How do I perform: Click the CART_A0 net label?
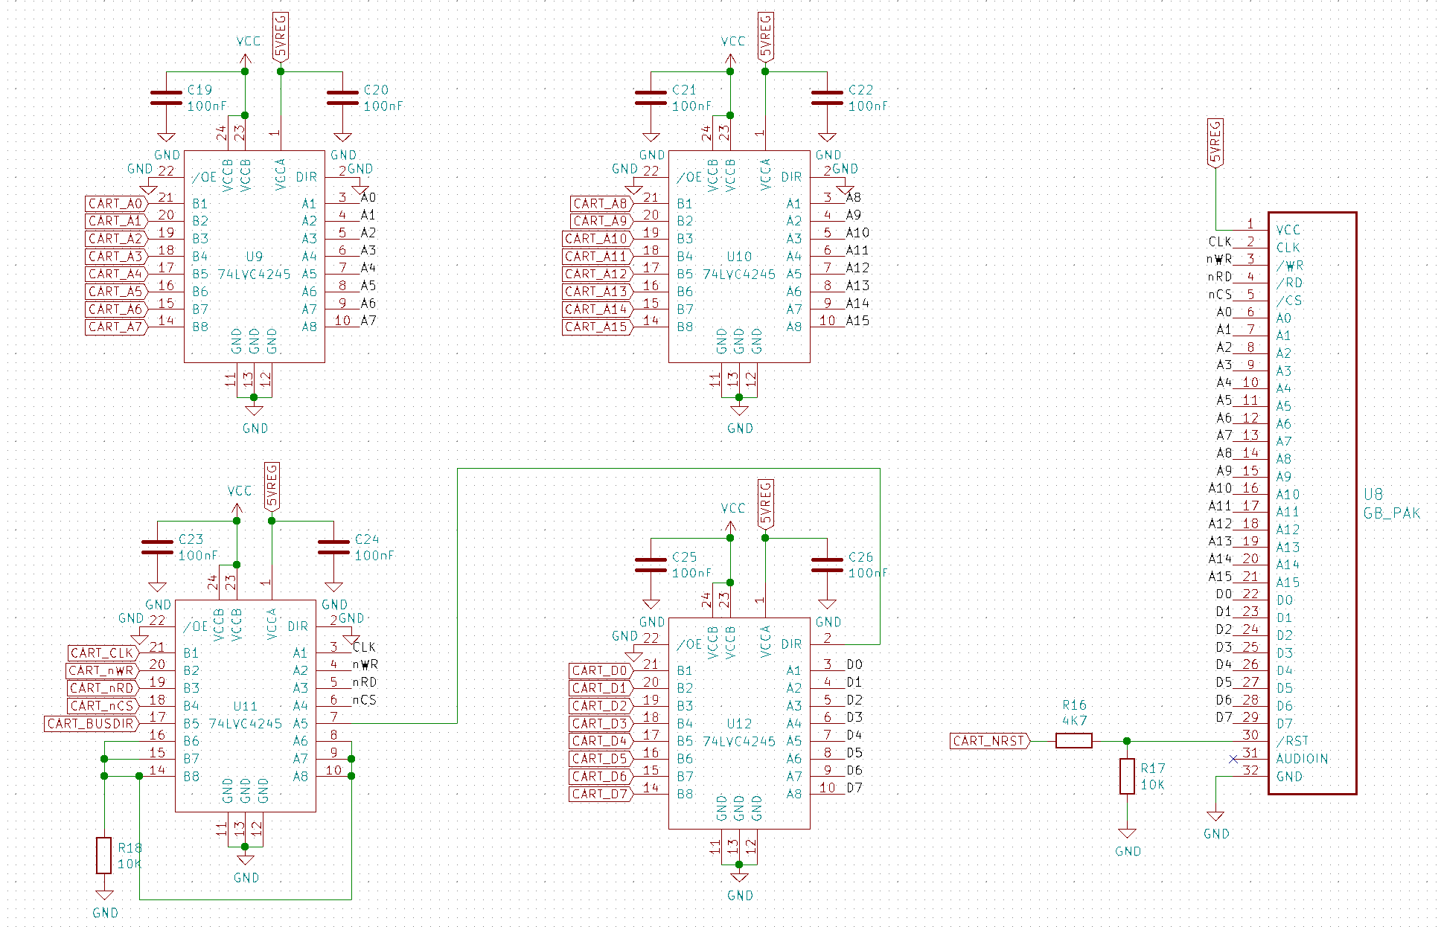(x=115, y=204)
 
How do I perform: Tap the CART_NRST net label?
(x=989, y=741)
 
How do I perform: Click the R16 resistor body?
(x=1073, y=741)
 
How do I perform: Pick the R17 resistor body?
(x=1127, y=776)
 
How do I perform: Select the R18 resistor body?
(x=104, y=856)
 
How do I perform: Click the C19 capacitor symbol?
(x=166, y=98)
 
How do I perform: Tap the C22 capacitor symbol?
(x=827, y=98)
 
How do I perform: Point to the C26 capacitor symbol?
(x=827, y=565)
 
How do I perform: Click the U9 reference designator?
(x=254, y=257)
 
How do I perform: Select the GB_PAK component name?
(x=1391, y=513)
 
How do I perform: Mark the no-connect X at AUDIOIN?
(x=1233, y=759)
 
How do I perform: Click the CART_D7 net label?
(x=600, y=795)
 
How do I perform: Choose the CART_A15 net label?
(x=596, y=327)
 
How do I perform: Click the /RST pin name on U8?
(x=1292, y=741)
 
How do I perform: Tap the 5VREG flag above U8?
(x=1215, y=142)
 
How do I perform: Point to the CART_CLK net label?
(x=101, y=653)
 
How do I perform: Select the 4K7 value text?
(x=1074, y=721)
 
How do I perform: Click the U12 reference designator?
(x=739, y=724)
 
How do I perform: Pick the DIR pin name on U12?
(x=791, y=644)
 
